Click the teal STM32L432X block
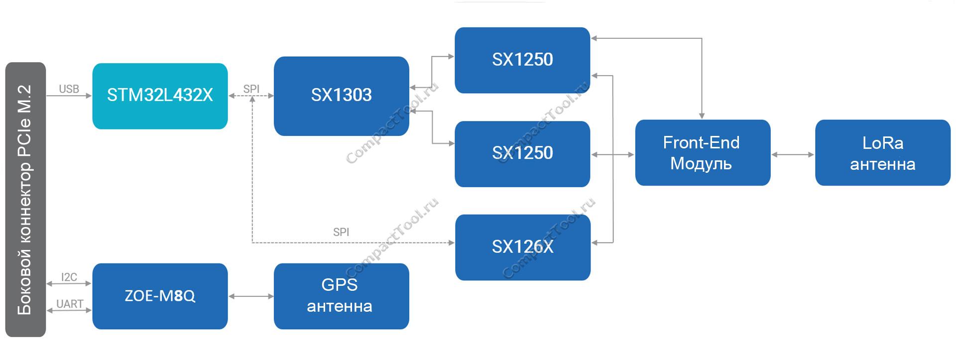tap(160, 96)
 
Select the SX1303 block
tap(342, 96)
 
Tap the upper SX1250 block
tap(522, 60)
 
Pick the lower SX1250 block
tap(522, 154)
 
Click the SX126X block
tap(523, 247)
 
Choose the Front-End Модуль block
tap(703, 152)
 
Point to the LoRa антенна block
tap(883, 152)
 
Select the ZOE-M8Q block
tap(160, 296)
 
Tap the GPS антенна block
tap(342, 296)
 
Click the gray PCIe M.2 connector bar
tap(25, 199)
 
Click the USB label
tap(69, 89)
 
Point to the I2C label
tap(69, 277)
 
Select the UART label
tap(70, 304)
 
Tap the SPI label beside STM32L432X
tap(251, 89)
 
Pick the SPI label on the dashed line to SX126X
tap(341, 232)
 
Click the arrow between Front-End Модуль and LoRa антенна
tap(793, 155)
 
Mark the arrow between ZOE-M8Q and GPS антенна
tap(251, 296)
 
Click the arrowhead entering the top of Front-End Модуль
tap(702, 116)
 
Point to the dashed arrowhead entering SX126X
tap(451, 242)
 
